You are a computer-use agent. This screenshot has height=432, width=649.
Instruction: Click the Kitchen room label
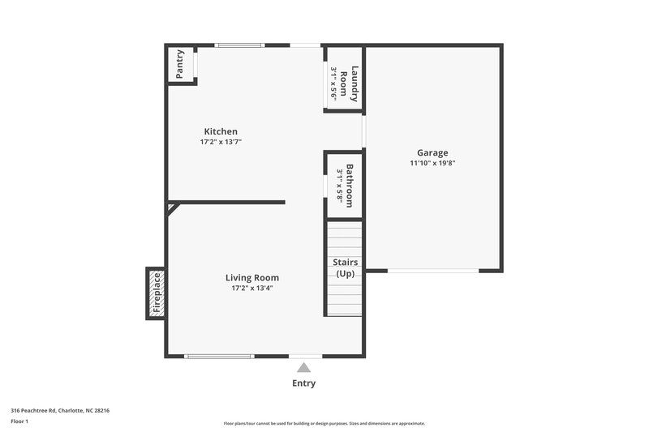[x=221, y=131]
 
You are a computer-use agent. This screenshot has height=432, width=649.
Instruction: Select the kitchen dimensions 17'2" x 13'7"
[x=221, y=142]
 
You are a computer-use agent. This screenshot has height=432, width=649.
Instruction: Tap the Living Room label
[x=252, y=277]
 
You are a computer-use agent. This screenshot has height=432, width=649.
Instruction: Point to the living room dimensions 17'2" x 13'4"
[x=252, y=288]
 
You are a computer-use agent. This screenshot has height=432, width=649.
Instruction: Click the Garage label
[x=432, y=152]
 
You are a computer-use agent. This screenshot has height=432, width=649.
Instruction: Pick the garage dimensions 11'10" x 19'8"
[x=432, y=163]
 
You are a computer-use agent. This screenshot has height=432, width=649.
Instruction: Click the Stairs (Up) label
[x=345, y=268]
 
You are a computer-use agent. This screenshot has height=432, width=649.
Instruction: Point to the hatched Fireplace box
[x=157, y=293]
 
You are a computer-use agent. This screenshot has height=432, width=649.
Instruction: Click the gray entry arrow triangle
[x=303, y=367]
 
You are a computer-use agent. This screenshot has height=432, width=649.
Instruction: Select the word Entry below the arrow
[x=303, y=383]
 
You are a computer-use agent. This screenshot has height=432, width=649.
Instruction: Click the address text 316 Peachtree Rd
[x=60, y=410]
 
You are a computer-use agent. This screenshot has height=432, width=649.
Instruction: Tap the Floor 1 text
[x=19, y=421]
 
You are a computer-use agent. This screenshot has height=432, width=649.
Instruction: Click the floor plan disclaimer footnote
[x=324, y=423]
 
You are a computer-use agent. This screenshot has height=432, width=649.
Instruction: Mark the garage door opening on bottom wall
[x=432, y=271]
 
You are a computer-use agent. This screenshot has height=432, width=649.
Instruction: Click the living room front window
[x=219, y=356]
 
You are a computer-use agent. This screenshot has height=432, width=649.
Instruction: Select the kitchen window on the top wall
[x=239, y=45]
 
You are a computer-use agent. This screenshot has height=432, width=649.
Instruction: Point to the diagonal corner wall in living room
[x=173, y=207]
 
